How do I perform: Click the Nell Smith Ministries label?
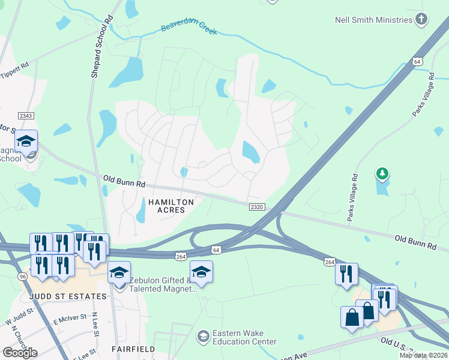point(373,20)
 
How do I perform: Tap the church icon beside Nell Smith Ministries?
point(422,19)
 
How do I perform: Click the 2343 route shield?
point(25,115)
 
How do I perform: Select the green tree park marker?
point(382,174)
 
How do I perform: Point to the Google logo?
point(20,353)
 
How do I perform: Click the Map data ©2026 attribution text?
point(423,355)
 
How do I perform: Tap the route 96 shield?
point(23,276)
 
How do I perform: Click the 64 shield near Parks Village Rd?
point(418,62)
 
